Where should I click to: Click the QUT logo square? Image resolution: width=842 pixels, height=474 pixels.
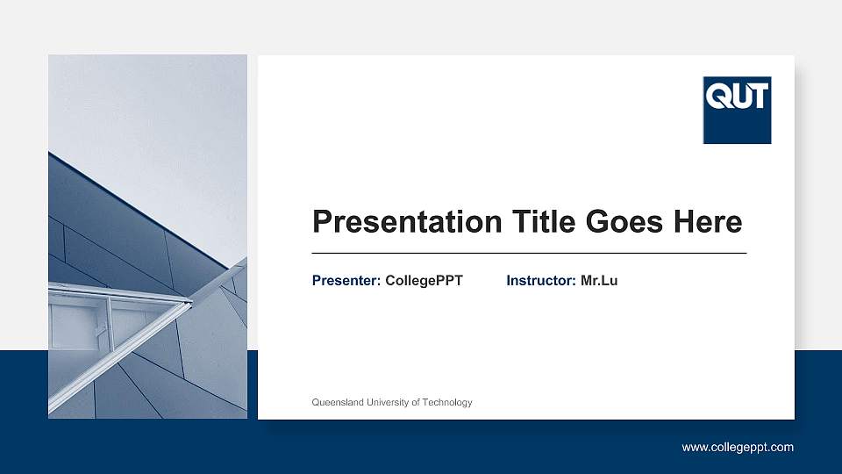737,110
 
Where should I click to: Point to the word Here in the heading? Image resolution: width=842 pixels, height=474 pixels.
707,221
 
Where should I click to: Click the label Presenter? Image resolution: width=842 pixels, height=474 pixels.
346,281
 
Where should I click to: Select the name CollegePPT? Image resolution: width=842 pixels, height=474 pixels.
424,281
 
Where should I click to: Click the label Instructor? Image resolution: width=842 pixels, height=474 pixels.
541,281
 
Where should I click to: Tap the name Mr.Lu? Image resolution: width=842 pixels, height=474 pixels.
599,281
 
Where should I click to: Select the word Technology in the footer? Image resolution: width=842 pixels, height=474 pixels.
447,402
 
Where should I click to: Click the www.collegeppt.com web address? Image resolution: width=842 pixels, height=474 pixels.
738,447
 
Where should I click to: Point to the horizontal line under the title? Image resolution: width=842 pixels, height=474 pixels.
529,253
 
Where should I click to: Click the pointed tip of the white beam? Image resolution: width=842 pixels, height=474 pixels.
190,303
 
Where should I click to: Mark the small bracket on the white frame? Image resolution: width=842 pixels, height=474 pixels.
101,329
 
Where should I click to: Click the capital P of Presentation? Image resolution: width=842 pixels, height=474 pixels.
323,222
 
